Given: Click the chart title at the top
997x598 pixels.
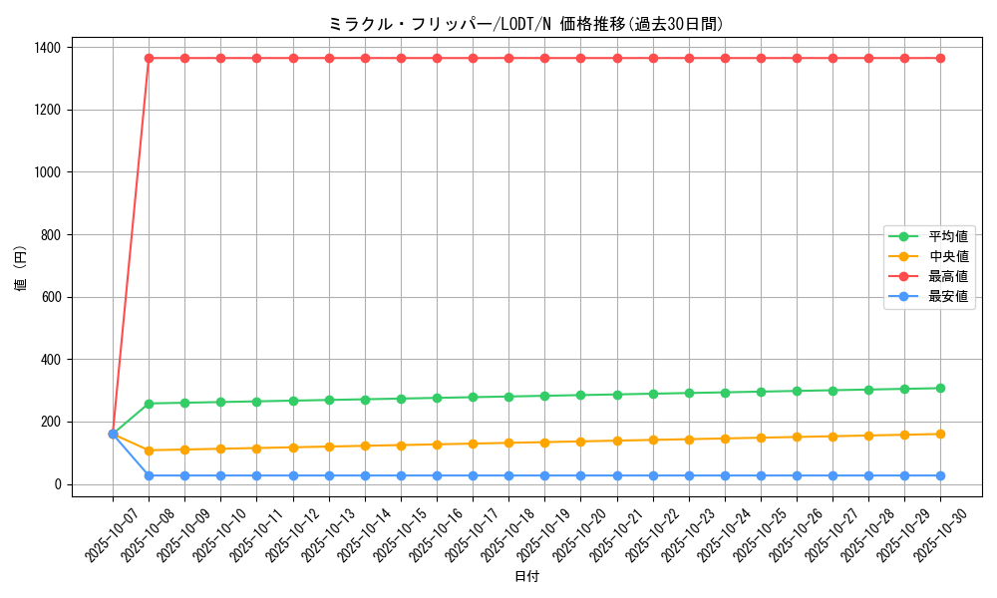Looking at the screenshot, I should coord(526,24).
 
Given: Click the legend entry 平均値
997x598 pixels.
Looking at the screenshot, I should coord(948,236).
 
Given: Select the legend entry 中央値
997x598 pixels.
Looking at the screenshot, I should coord(948,256).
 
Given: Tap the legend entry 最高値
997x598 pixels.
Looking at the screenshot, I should coord(948,276).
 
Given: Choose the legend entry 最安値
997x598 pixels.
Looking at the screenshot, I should coord(948,296).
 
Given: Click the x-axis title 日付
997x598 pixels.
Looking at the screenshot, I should coord(526,577).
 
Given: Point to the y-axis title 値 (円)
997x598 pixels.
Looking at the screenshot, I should coord(21,269).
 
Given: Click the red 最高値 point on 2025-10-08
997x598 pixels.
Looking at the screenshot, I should coord(149,58).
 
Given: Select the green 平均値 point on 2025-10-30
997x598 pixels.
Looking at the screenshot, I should coord(940,388).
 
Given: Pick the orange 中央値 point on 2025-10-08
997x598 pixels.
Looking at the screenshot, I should coord(149,450).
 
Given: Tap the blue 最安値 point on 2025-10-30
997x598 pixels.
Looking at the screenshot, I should coord(940,475).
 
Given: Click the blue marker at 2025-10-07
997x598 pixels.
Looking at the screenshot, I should coord(113,434).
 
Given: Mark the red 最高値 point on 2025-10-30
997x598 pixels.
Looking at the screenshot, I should coord(940,58).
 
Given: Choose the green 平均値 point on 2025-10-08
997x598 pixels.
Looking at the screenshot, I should coord(149,404).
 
